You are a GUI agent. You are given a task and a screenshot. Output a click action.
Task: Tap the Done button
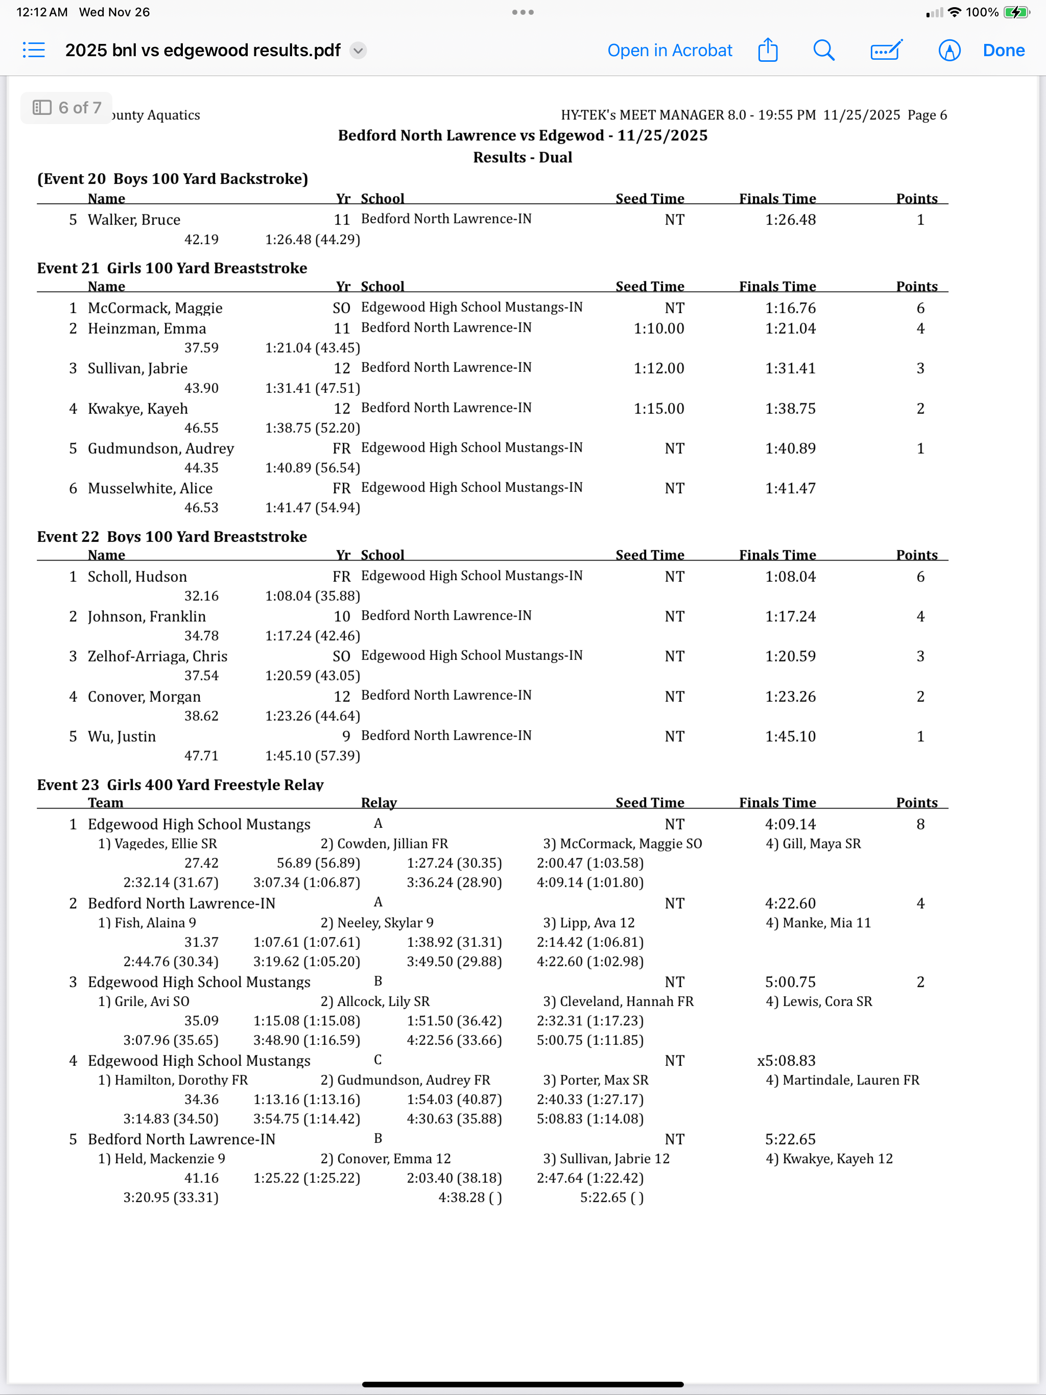point(1003,51)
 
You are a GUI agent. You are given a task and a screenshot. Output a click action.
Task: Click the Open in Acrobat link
point(670,51)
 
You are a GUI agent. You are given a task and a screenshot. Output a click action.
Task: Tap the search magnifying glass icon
point(823,51)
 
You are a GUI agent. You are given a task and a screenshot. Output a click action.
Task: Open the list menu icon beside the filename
point(34,51)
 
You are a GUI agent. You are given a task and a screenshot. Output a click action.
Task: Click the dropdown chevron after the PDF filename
point(359,51)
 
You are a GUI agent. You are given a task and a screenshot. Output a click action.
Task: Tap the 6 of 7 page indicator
point(67,108)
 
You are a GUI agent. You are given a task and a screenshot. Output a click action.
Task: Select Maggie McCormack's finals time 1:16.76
point(790,308)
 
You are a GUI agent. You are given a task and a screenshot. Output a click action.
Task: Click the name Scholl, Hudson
point(137,576)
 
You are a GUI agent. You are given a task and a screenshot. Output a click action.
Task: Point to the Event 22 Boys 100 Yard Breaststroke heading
point(172,537)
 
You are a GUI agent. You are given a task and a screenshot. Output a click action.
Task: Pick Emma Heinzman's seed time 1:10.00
point(659,328)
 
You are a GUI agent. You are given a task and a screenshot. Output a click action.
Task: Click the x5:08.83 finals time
point(786,1060)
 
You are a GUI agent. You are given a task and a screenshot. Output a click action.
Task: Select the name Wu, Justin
point(122,736)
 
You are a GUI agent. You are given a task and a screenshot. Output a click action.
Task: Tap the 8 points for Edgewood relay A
point(920,824)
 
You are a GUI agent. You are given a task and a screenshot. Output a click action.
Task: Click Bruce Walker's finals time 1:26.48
point(790,220)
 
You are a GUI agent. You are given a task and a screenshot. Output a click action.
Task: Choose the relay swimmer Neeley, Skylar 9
point(377,923)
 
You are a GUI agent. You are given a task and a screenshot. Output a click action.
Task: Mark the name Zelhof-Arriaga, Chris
point(158,656)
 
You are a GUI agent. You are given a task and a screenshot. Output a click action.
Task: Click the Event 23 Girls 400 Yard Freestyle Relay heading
point(180,784)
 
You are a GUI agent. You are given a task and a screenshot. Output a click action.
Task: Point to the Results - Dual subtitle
point(522,157)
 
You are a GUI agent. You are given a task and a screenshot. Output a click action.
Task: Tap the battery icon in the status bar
point(1016,12)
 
